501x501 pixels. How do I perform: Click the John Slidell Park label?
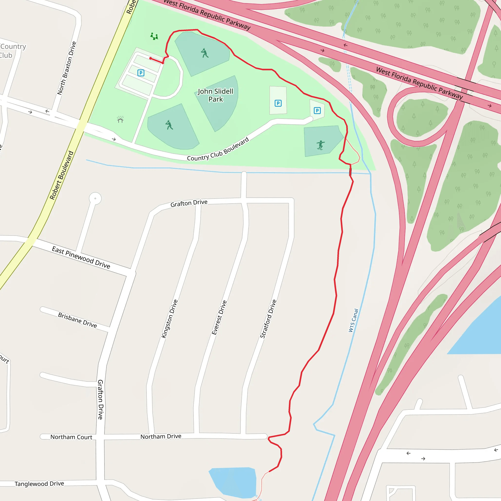coord(216,95)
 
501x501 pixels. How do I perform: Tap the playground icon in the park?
coord(154,36)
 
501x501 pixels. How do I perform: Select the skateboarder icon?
coord(320,145)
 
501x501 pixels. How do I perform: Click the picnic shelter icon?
coord(120,119)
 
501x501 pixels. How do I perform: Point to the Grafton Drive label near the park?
coord(189,203)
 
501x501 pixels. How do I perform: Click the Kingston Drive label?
coord(170,319)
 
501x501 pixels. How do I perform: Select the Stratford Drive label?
coord(268,319)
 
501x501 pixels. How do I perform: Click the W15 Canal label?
coord(353,320)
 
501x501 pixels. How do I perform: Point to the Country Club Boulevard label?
coord(218,150)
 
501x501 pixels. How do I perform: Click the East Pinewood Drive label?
coord(81,257)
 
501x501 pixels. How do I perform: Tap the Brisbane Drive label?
coord(77,320)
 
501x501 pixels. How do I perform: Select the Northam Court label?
coord(71,437)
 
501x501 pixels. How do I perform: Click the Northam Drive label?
coord(161,436)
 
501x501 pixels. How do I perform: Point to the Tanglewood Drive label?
coord(39,484)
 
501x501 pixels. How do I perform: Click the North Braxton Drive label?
coord(67,68)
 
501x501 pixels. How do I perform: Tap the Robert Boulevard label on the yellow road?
coord(61,175)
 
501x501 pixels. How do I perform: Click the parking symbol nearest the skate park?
coord(317,111)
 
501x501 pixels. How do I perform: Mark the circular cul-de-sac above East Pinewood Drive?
coord(95,198)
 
